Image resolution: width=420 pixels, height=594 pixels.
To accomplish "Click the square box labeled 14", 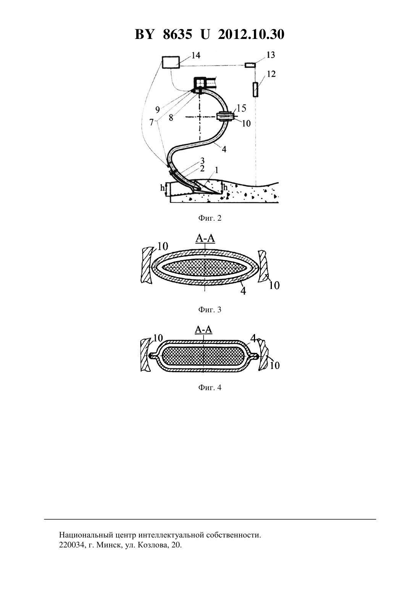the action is (x=171, y=62).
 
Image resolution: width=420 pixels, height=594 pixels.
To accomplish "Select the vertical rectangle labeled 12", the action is (x=255, y=90).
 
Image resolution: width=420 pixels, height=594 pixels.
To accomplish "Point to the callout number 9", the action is (x=157, y=110).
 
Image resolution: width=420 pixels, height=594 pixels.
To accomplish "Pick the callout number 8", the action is (x=171, y=118).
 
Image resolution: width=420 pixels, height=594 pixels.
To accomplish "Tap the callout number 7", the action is (x=152, y=123).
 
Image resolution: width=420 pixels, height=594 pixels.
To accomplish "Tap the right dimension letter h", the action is (x=225, y=187).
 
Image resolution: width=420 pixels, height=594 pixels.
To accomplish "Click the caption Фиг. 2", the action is (x=210, y=218).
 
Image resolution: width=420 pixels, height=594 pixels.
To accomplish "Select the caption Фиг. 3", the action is (x=210, y=310).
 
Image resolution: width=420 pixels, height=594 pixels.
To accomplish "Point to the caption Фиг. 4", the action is (x=210, y=387).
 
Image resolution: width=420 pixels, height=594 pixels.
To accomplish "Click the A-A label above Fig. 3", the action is (x=205, y=238).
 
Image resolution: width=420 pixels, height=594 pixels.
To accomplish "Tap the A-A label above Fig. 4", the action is (x=204, y=329).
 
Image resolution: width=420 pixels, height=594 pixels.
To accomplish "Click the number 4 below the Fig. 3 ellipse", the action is (x=243, y=291).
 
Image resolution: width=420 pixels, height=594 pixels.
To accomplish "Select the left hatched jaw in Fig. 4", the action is (x=145, y=356).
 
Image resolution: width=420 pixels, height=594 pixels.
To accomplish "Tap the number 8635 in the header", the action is (x=177, y=34).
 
